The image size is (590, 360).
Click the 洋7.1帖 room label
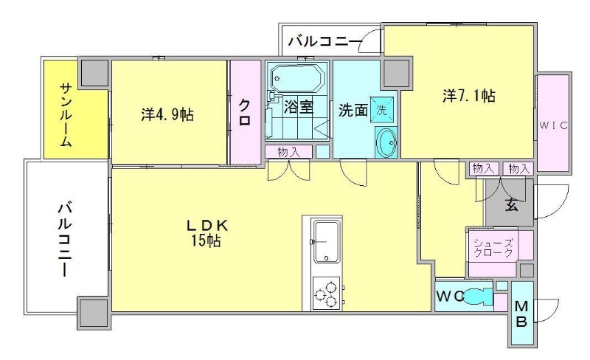[x=468, y=96]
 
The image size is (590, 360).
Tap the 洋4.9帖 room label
[x=167, y=115]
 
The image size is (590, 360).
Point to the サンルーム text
[x=66, y=115]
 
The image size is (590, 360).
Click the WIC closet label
[x=552, y=125]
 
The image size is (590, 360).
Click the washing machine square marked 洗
[x=381, y=108]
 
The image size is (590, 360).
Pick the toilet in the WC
[x=479, y=297]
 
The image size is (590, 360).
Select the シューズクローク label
[x=493, y=248]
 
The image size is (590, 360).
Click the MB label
[x=521, y=314]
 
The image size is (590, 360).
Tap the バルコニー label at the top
[x=325, y=41]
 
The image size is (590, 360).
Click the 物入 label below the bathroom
[x=288, y=152]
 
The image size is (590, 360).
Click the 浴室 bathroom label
[x=299, y=108]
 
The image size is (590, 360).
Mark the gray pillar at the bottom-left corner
[x=94, y=311]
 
